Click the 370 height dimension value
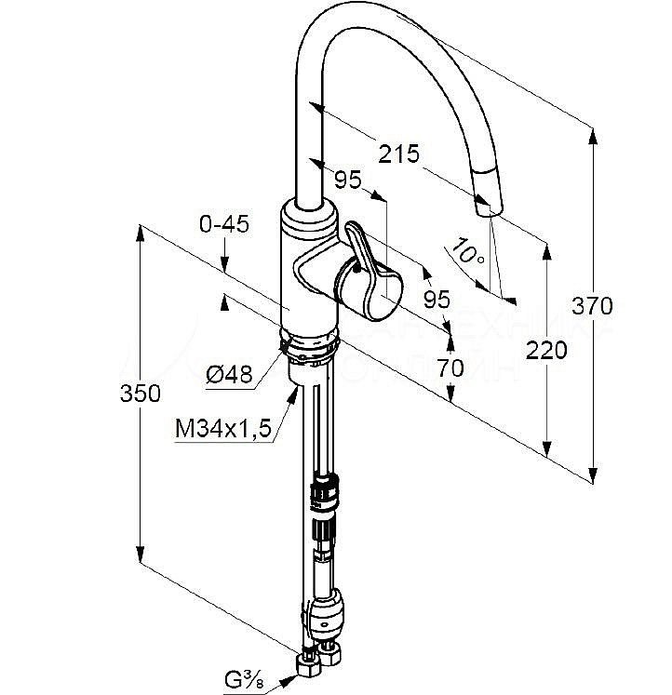coord(593,304)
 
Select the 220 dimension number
coord(545,351)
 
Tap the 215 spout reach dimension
coord(399,154)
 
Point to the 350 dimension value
coord(140,394)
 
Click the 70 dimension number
coord(450,368)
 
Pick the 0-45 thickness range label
coord(224,224)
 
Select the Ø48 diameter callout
coord(228,374)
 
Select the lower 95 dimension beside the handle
coord(437,299)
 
